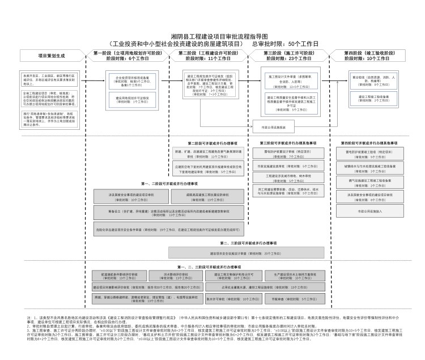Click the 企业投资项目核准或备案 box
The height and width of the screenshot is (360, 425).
(x=132, y=79)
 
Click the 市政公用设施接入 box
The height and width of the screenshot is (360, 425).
(x=370, y=211)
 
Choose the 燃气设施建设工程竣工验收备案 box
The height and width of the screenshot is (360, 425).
(x=370, y=182)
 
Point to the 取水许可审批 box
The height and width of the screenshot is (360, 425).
(x=232, y=298)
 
